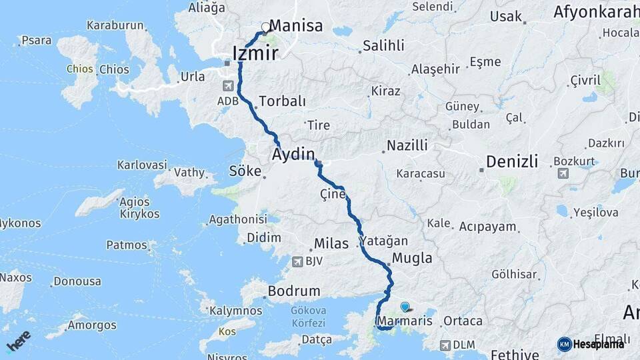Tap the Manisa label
click(x=296, y=26)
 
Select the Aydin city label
click(x=293, y=155)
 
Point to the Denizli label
click(x=512, y=161)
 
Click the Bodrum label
click(x=293, y=291)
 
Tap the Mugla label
click(x=412, y=258)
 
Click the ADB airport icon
click(x=229, y=86)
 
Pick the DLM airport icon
click(x=445, y=345)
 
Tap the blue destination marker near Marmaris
click(x=405, y=307)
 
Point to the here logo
click(x=19, y=341)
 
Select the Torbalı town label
click(x=282, y=101)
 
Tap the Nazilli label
click(x=407, y=145)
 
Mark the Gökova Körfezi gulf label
click(x=307, y=317)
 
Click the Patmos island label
click(x=127, y=245)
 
